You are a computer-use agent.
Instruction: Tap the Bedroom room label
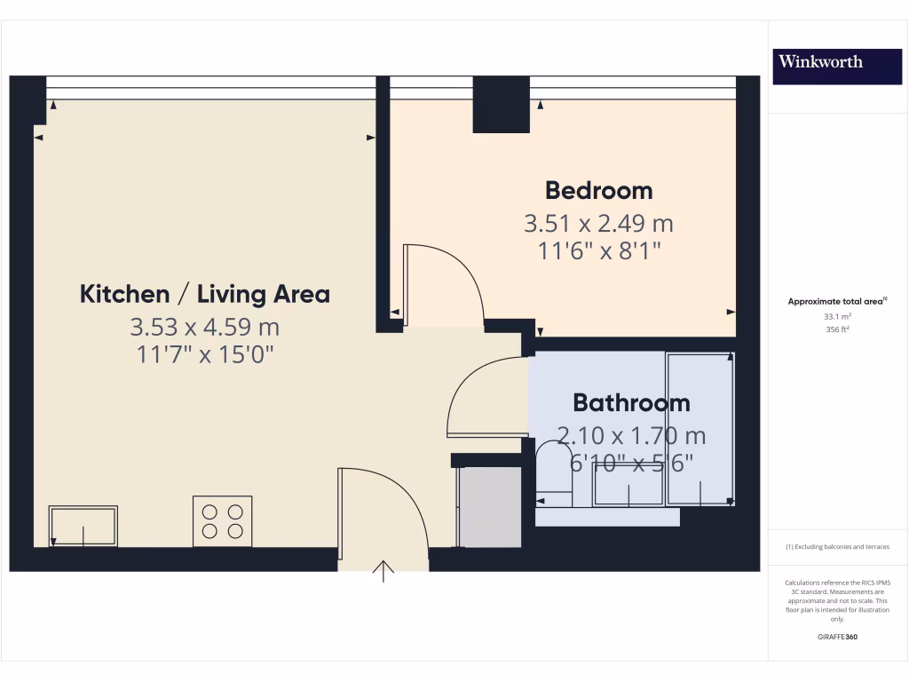(598, 191)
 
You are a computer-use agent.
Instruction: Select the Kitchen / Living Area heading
(205, 294)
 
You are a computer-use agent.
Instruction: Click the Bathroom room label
(631, 403)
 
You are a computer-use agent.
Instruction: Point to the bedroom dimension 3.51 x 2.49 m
(598, 223)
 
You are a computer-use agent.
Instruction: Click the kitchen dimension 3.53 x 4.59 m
(205, 327)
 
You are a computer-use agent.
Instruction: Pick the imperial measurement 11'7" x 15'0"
(205, 355)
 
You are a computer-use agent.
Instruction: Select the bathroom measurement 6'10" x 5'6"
(631, 463)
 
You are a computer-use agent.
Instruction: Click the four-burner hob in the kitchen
(222, 521)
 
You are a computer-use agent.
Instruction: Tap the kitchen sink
(83, 526)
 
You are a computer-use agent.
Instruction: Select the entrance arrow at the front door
(383, 571)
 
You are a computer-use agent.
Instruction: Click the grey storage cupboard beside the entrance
(488, 506)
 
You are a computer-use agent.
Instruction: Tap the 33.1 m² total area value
(837, 315)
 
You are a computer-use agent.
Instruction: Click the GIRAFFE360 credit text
(837, 637)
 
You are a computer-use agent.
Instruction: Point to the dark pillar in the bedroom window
(502, 105)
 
